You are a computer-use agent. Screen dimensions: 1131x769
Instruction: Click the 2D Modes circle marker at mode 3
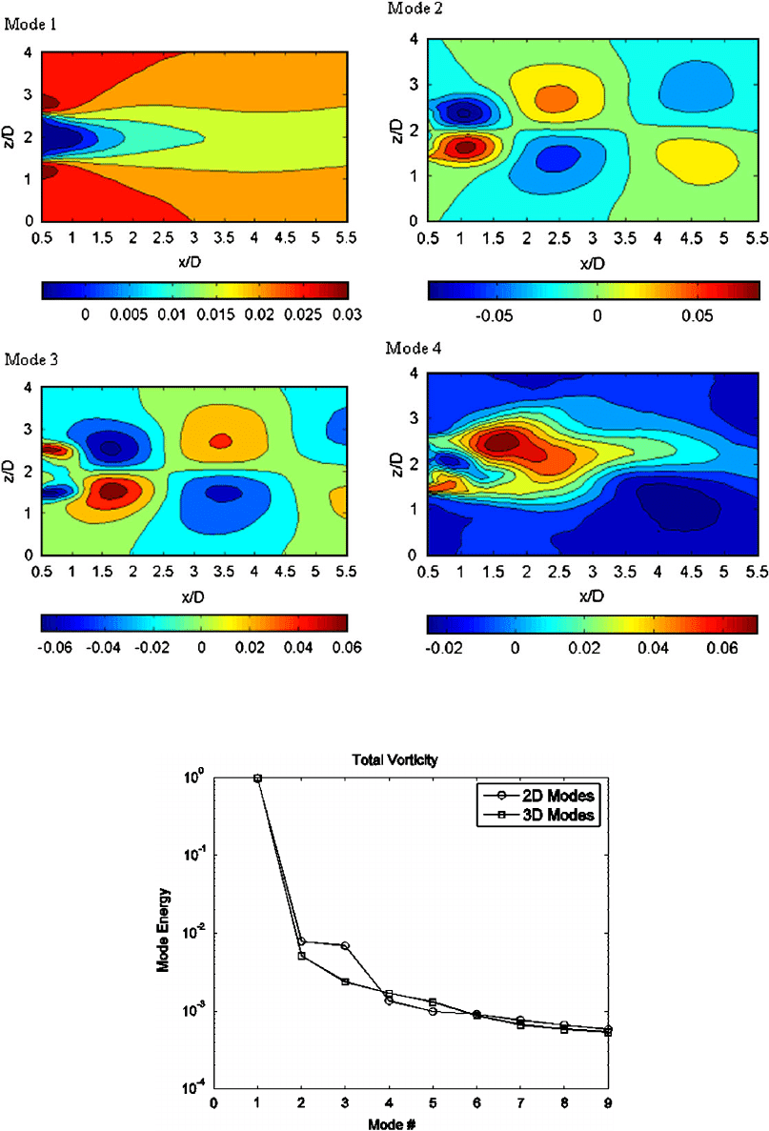pos(345,945)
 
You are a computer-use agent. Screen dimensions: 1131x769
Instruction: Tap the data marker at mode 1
pos(257,778)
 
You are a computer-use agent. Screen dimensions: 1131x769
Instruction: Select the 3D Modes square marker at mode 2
pos(301,956)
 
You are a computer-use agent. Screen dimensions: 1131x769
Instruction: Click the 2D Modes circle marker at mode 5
pos(433,1011)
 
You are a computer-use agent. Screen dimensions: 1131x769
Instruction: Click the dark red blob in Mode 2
pos(465,148)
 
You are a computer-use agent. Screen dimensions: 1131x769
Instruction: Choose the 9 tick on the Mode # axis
pos(608,1103)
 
